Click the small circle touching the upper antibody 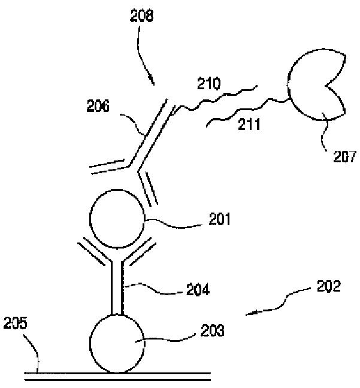tap(116, 219)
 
